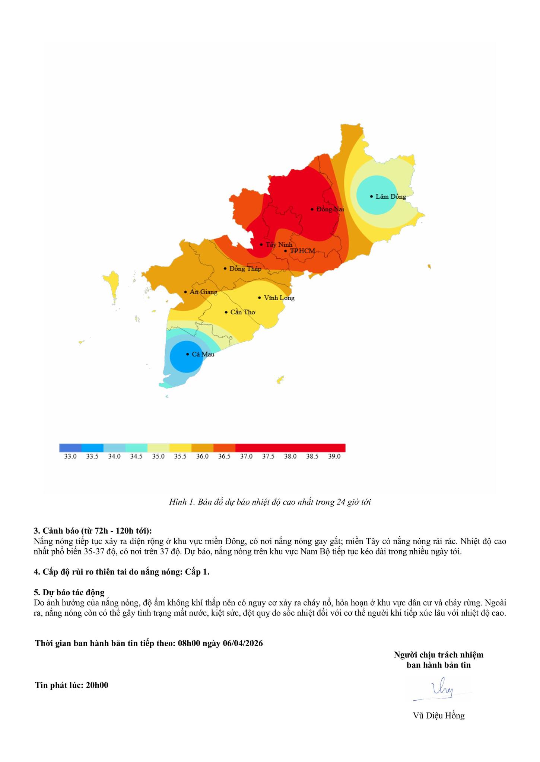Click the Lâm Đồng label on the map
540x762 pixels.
click(x=391, y=196)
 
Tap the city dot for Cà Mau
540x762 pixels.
click(x=187, y=354)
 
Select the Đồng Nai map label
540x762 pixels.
click(x=330, y=209)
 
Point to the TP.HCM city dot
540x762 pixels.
click(x=285, y=251)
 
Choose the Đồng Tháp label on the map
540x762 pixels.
click(x=245, y=269)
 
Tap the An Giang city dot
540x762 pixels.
click(x=185, y=292)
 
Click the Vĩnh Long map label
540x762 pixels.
click(x=279, y=298)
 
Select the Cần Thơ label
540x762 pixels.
click(x=243, y=312)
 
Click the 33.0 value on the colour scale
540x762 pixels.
click(x=70, y=457)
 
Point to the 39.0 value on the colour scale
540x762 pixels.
click(x=334, y=457)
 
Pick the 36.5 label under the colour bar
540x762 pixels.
click(x=224, y=457)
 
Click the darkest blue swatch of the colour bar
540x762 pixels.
click(x=70, y=448)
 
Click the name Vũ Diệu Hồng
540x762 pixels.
click(x=439, y=715)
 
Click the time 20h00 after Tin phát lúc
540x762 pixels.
click(x=97, y=685)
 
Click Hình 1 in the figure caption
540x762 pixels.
click(x=182, y=502)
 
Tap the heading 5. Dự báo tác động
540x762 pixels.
click(x=69, y=592)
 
